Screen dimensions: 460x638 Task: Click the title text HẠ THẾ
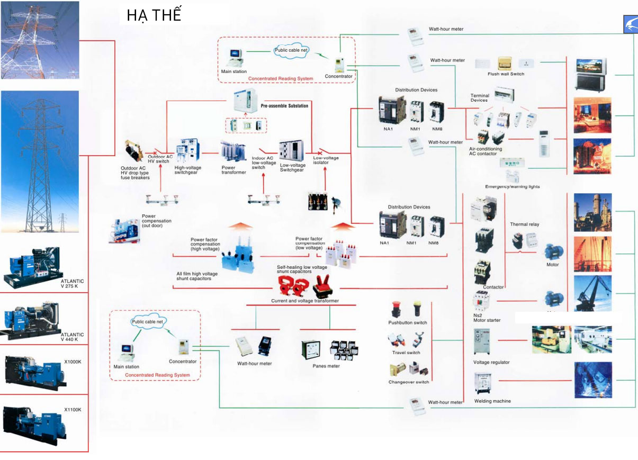click(x=154, y=15)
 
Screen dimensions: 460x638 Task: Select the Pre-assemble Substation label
click(x=284, y=106)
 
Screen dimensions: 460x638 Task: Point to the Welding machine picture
click(x=484, y=382)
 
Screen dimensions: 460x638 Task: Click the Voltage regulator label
click(x=491, y=363)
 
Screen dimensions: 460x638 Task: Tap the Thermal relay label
click(x=524, y=224)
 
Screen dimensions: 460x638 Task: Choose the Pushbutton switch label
click(x=407, y=323)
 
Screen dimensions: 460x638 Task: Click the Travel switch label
click(x=406, y=353)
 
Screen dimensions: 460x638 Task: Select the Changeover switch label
click(x=408, y=382)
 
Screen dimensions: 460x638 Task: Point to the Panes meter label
click(x=326, y=366)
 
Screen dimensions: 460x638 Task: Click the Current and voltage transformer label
click(x=305, y=301)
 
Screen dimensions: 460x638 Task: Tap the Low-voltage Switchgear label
click(x=292, y=168)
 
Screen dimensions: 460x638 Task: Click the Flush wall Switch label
click(x=506, y=74)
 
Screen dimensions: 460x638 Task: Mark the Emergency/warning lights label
click(x=512, y=187)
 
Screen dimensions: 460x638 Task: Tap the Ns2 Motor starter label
click(x=487, y=318)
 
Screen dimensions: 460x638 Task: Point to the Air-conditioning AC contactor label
click(x=486, y=151)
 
